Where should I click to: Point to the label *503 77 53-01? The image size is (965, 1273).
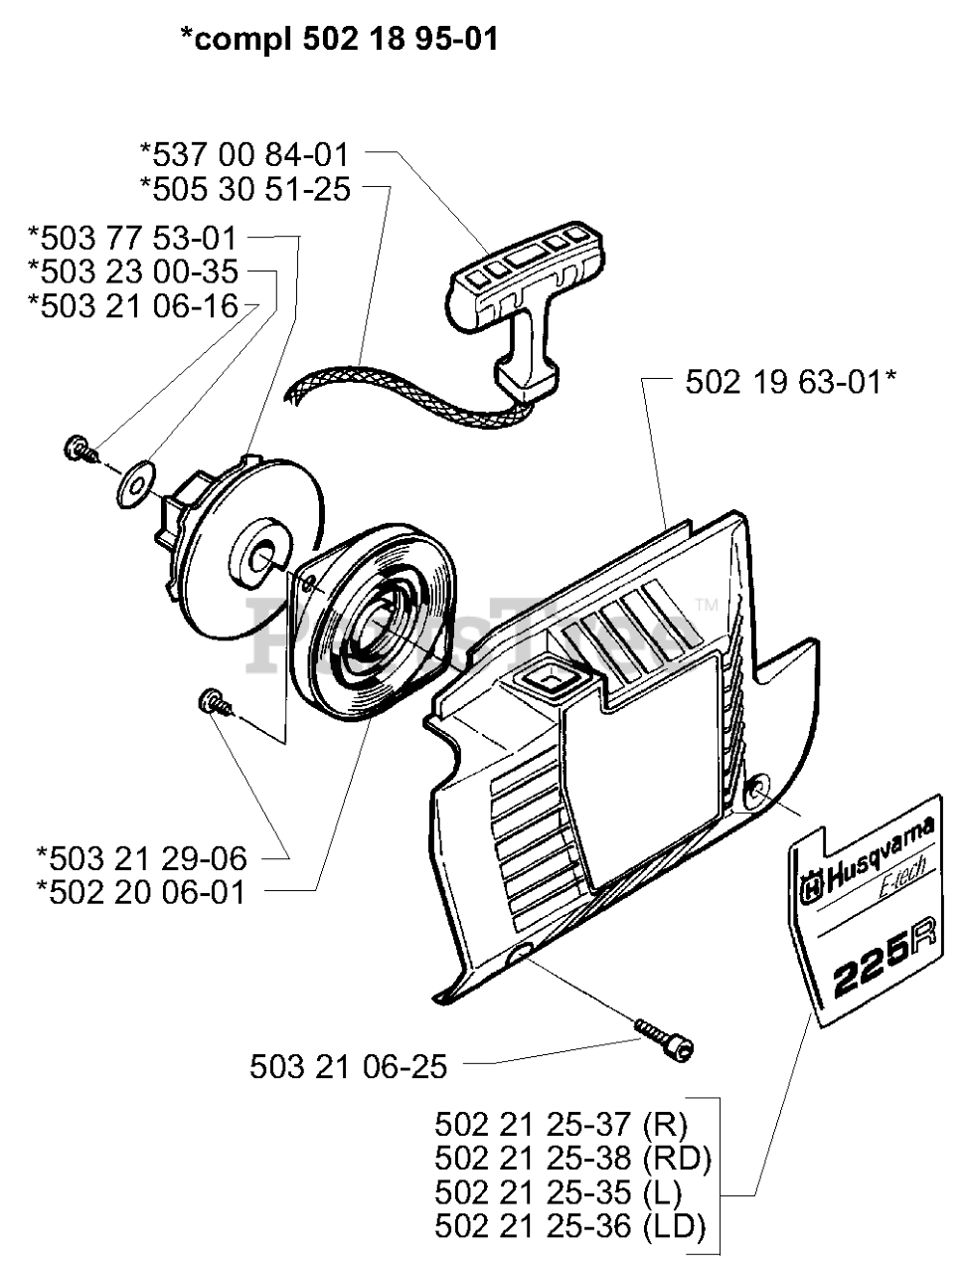tap(133, 239)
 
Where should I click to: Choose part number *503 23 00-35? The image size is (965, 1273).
tap(133, 272)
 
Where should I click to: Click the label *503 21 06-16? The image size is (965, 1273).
tap(133, 305)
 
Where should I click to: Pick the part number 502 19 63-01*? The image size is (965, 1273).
tap(791, 381)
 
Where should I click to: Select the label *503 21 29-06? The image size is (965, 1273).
tap(140, 857)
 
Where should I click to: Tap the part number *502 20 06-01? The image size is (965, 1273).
tap(140, 891)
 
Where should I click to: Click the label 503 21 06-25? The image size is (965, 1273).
tap(348, 1067)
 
